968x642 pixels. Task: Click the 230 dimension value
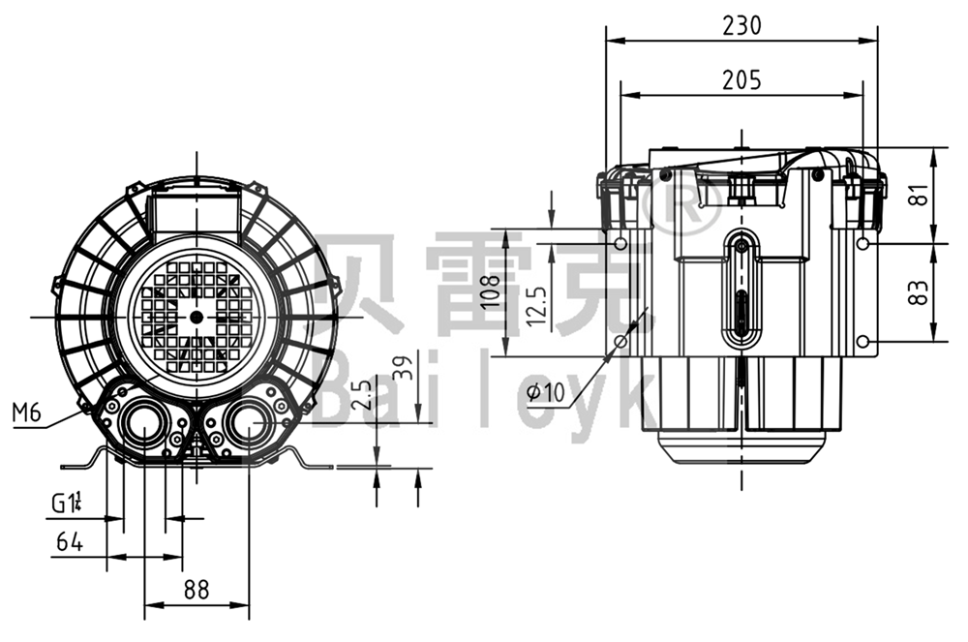(741, 25)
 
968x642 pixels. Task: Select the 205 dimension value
(741, 80)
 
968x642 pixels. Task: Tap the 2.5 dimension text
(363, 398)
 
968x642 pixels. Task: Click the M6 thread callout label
(27, 413)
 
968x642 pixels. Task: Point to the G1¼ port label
(67, 503)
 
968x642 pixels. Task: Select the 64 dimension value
(68, 542)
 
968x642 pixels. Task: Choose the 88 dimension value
(197, 588)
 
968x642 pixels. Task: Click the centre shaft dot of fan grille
(197, 317)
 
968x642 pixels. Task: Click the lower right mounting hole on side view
(862, 342)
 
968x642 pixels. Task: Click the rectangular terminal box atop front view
(196, 210)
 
